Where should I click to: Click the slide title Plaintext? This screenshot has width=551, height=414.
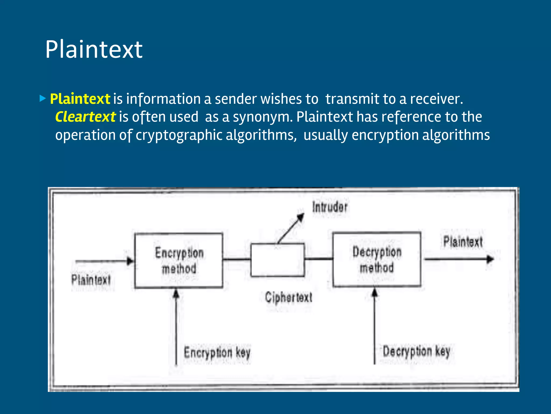(94, 49)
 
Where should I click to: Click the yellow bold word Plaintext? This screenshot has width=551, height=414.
(80, 99)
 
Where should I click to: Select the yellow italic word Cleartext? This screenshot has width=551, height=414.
(85, 117)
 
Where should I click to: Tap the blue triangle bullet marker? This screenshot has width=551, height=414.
(43, 98)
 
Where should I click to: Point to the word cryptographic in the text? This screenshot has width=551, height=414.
(179, 135)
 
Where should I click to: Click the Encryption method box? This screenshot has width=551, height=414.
(179, 261)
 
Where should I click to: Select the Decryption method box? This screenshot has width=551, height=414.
(377, 259)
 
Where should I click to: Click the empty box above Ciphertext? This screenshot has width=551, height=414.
(277, 260)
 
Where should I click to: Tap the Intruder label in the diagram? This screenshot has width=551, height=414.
(330, 207)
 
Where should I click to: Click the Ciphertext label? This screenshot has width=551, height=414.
(288, 298)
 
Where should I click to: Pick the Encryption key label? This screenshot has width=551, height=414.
(217, 352)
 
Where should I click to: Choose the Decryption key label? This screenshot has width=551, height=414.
(416, 351)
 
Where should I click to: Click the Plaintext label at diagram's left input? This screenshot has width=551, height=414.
(91, 280)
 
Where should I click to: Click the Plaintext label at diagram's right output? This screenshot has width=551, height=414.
(463, 241)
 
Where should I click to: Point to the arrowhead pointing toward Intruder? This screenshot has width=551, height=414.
(300, 218)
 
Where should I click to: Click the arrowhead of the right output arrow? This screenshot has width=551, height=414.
(490, 259)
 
